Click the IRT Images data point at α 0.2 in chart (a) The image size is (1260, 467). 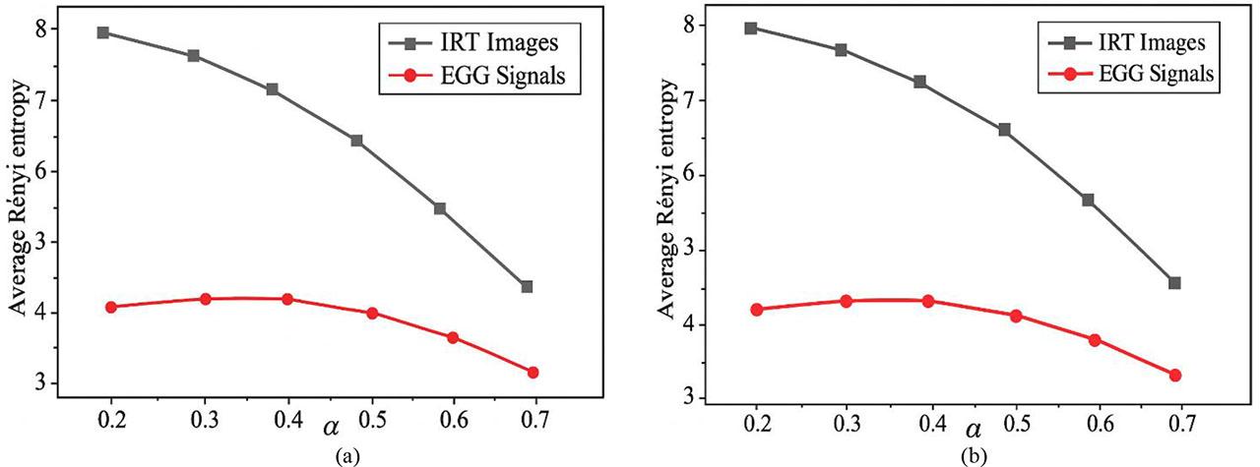pos(102,32)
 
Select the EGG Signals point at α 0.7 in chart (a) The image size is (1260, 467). pos(533,373)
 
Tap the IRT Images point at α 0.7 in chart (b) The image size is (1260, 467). pos(1173,283)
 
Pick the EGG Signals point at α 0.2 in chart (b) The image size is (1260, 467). pos(756,310)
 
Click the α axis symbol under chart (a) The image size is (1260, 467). pos(325,430)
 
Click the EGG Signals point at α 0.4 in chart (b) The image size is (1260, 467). pos(927,301)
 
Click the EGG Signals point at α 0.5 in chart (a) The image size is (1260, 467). pos(372,313)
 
